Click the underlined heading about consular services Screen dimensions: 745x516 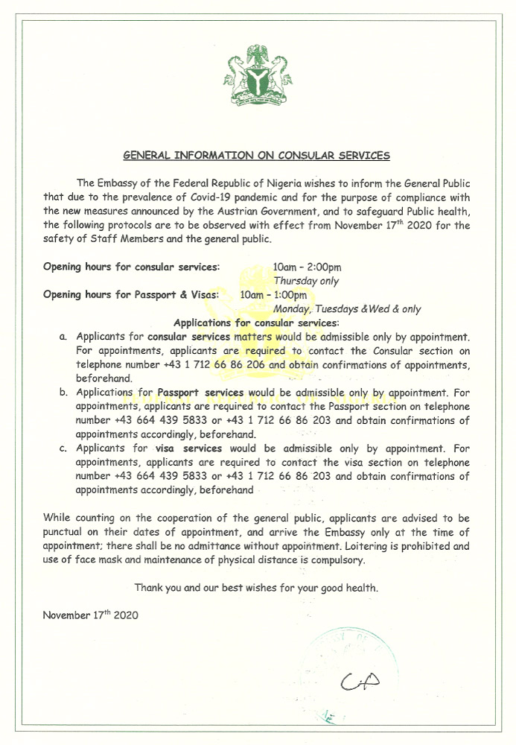[x=256, y=156]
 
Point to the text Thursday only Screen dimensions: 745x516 [x=306, y=281]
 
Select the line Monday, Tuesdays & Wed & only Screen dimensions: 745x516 [x=347, y=309]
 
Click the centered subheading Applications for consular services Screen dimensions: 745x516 [x=255, y=323]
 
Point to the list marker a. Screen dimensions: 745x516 [x=63, y=337]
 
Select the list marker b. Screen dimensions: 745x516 [x=63, y=393]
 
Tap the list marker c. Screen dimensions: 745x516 [x=63, y=448]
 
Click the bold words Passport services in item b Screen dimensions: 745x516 [x=200, y=393]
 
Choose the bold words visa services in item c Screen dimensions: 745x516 [x=189, y=448]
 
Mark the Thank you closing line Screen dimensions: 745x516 [x=256, y=588]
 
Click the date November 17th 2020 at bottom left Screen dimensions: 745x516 [x=90, y=615]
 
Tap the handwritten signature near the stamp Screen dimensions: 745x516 [x=360, y=680]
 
